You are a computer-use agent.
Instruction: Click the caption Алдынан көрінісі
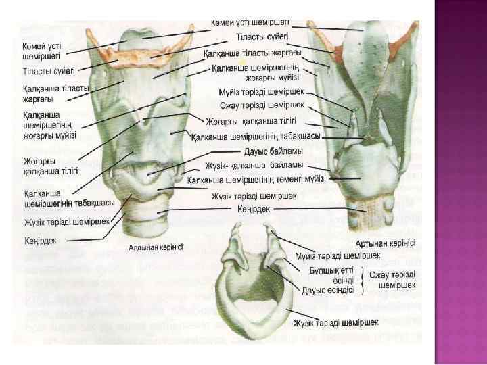(x=156, y=247)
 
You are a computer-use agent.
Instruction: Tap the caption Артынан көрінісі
(x=385, y=243)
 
